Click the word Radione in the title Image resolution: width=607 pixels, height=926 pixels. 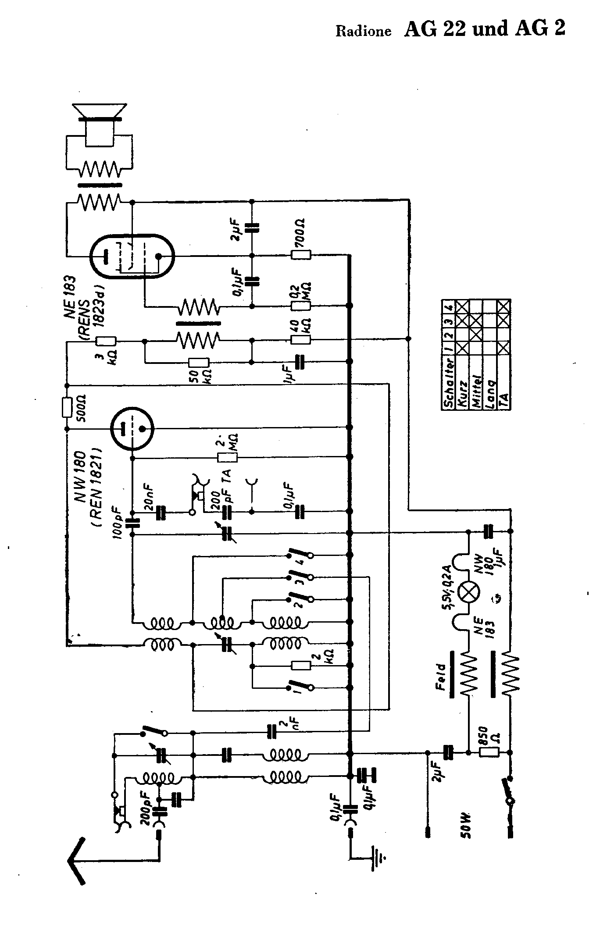pos(363,32)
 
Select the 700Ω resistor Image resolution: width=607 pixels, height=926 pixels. pos(301,255)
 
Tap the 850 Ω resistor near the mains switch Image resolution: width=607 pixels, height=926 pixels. pos(489,752)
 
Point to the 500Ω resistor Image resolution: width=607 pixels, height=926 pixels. pos(67,407)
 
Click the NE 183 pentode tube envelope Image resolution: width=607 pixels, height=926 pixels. pos(131,256)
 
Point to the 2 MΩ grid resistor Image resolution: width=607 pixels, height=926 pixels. pos(228,457)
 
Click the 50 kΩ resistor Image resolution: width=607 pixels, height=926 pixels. pos(199,362)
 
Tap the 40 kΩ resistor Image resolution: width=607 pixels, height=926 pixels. pos(301,339)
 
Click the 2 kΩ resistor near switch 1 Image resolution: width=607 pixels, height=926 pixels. pos(301,666)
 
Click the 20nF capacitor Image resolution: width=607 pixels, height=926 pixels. pos(161,512)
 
